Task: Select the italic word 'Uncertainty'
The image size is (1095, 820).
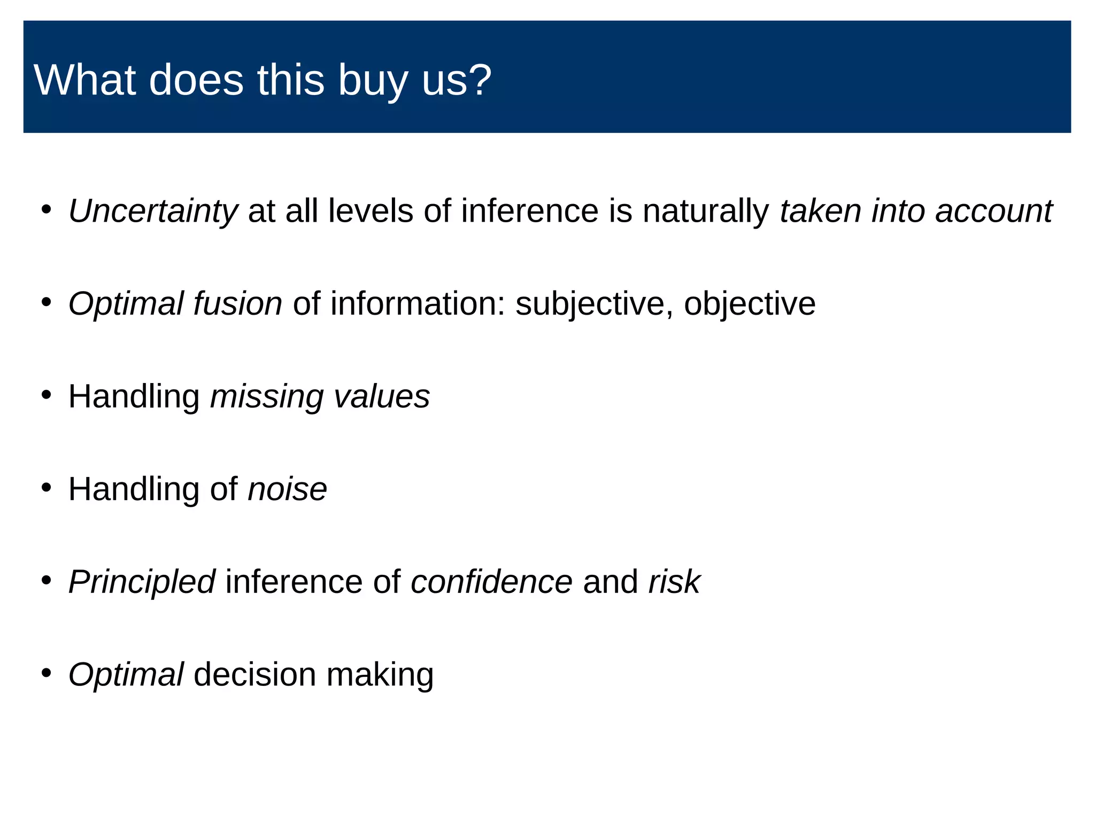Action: coord(153,211)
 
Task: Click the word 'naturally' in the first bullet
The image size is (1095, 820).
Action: coord(705,211)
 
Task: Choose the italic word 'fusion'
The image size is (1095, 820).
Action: coord(237,303)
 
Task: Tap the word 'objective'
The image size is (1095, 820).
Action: coord(750,303)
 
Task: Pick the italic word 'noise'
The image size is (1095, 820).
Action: coord(287,489)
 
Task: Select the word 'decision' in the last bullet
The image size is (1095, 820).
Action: coord(255,674)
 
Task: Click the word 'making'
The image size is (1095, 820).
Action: coord(380,674)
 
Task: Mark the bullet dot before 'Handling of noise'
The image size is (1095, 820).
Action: coord(47,487)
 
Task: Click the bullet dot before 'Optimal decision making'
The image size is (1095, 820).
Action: coord(47,673)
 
